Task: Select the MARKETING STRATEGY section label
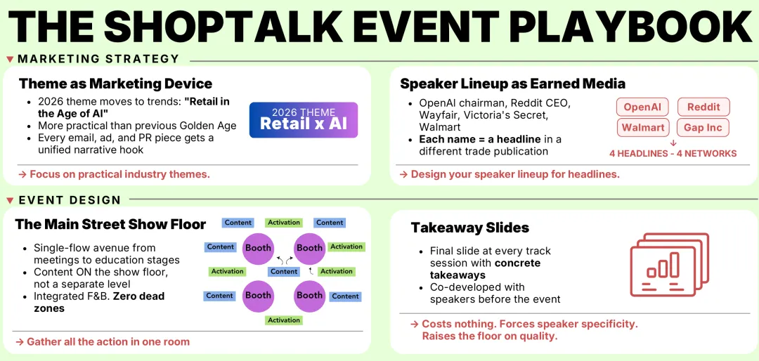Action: (x=98, y=59)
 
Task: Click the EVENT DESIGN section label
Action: (x=70, y=200)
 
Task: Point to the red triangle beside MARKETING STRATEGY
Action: (x=9, y=59)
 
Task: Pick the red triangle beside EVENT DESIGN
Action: (x=9, y=200)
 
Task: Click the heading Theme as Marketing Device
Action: (x=115, y=84)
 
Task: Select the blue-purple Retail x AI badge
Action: (x=304, y=120)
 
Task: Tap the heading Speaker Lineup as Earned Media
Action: (x=512, y=84)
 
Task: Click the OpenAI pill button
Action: (x=642, y=107)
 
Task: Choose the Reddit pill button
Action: (x=703, y=107)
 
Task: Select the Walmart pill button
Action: (x=642, y=127)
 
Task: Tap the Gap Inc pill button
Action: (x=703, y=127)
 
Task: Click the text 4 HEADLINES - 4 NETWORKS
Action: (x=673, y=153)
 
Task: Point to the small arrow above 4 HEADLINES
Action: (x=673, y=142)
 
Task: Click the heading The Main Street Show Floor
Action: (x=110, y=225)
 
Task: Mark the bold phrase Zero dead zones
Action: (x=99, y=302)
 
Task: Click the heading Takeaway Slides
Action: (x=469, y=228)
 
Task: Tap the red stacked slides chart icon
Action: (x=665, y=263)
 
